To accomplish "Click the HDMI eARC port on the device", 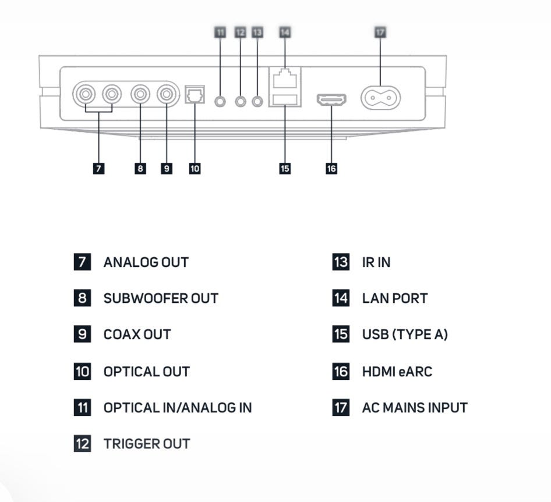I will tap(331, 99).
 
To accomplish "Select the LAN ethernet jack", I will tap(285, 78).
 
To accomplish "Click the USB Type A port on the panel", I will tap(285, 99).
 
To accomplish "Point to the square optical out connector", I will tap(194, 94).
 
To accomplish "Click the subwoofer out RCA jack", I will tap(140, 94).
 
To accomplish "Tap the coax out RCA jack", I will tap(167, 94).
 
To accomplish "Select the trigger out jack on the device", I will tap(241, 101).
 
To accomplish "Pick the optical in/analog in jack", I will tap(220, 101).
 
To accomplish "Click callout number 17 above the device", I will tap(380, 32).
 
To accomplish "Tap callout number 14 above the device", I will tap(284, 32).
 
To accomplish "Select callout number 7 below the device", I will tap(98, 168).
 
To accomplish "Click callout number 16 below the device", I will tap(331, 168).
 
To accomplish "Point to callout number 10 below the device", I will tap(195, 168).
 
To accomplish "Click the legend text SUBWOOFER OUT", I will tap(161, 298).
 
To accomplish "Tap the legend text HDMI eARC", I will tap(397, 371).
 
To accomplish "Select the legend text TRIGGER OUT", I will tap(147, 444).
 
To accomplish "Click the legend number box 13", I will tap(341, 262).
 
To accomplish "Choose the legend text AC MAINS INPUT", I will tap(415, 408).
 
